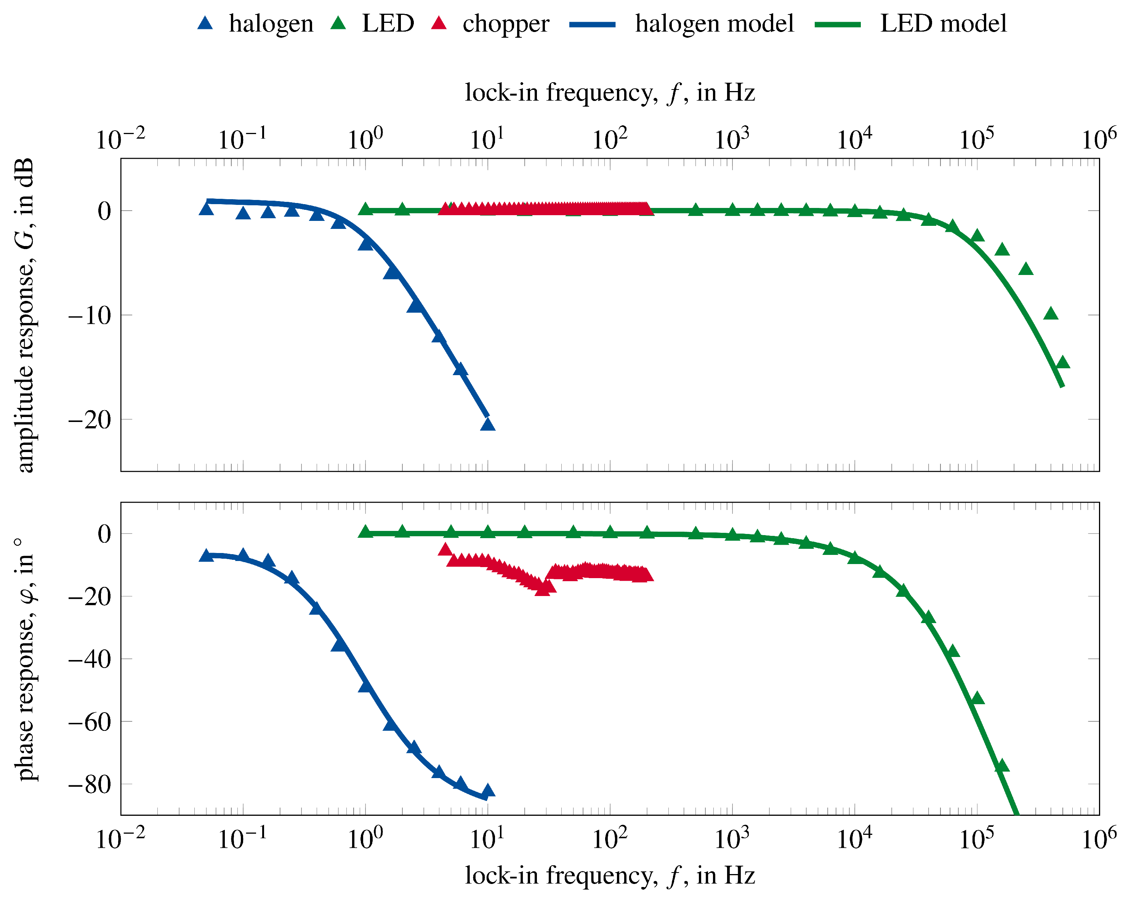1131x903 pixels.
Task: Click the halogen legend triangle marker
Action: pyautogui.click(x=205, y=23)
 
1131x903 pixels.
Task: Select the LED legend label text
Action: pyautogui.click(x=388, y=24)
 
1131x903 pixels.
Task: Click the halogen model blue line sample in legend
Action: pyautogui.click(x=592, y=24)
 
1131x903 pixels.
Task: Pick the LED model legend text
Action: pyautogui.click(x=943, y=24)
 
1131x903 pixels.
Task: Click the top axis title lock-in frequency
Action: pyautogui.click(x=610, y=93)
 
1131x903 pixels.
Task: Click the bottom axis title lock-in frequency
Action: pyautogui.click(x=610, y=876)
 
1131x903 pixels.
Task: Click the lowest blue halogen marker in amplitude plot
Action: pyautogui.click(x=488, y=424)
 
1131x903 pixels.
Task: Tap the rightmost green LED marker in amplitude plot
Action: pyautogui.click(x=1063, y=362)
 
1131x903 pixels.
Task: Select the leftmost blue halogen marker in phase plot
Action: pyautogui.click(x=206, y=555)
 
